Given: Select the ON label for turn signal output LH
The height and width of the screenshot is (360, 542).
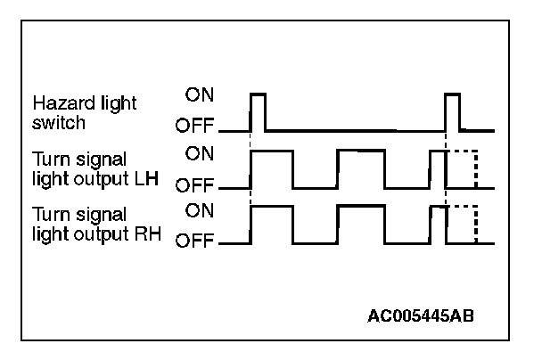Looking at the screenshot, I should [198, 152].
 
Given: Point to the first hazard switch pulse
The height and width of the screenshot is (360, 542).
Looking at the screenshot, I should [259, 110].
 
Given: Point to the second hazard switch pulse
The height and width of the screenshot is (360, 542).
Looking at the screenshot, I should [452, 110].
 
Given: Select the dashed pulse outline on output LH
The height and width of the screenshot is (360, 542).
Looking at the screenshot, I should [463, 169].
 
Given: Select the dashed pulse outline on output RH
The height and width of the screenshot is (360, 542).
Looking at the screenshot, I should [463, 225].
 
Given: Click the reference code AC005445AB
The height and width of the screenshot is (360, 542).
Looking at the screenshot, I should [426, 316].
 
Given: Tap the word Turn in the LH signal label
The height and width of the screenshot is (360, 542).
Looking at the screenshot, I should [49, 160].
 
